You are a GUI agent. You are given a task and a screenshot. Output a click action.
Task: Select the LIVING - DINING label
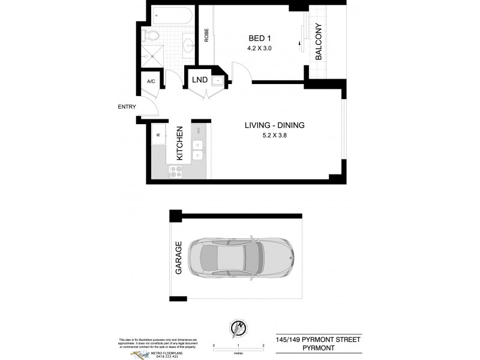[x=274, y=125]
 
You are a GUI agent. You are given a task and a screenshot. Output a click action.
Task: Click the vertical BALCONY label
[x=319, y=41]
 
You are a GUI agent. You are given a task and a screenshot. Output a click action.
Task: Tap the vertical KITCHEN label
[x=179, y=143]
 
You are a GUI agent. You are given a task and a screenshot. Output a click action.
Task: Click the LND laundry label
[x=200, y=80]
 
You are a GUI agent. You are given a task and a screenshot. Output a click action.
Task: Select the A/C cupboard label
[x=151, y=82]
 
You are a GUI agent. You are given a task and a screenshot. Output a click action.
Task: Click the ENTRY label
[x=127, y=107]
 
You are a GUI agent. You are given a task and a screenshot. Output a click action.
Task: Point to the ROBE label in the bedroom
[x=206, y=35]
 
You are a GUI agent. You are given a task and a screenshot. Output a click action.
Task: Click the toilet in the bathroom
[x=154, y=35]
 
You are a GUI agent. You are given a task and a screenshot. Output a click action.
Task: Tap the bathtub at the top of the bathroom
[x=172, y=14]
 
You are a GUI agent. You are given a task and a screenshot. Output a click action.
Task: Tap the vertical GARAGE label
[x=178, y=259]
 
